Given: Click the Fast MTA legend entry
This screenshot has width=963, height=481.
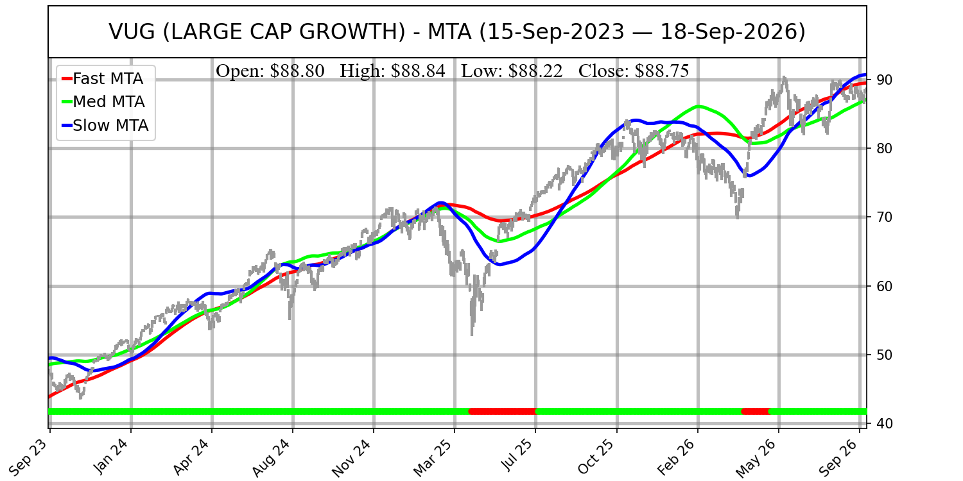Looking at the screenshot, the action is click(x=103, y=79).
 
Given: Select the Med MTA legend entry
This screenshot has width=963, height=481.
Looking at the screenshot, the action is click(x=103, y=102).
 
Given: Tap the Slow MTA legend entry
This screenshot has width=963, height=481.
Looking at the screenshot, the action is click(x=105, y=126).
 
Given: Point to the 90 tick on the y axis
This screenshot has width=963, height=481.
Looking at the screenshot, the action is click(x=882, y=80).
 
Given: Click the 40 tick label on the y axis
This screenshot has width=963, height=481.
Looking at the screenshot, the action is click(x=882, y=423).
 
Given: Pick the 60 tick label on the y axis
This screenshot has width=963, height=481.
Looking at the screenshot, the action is click(x=882, y=286).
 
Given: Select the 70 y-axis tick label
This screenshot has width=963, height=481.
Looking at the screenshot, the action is click(x=882, y=217).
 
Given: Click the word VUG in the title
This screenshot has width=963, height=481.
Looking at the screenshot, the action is click(x=132, y=32).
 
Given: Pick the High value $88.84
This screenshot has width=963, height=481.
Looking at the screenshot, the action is click(x=418, y=71).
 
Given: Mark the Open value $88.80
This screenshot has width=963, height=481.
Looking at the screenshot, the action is click(x=297, y=71).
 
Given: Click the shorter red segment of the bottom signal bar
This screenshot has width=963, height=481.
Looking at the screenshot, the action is click(x=756, y=412).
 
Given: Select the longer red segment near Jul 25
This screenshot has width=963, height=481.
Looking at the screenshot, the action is click(x=503, y=412).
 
